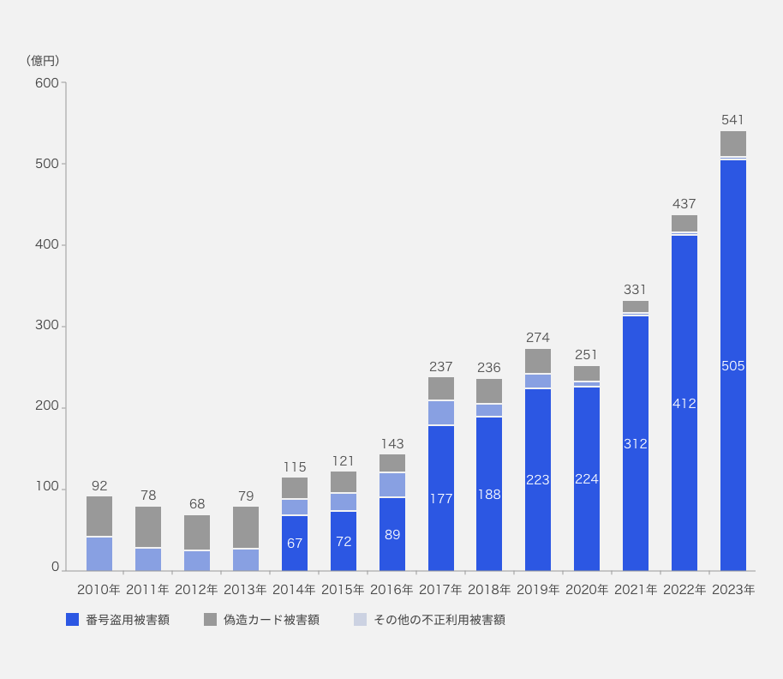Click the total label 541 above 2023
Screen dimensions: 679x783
[732, 120]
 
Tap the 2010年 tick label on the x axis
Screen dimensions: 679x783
[99, 590]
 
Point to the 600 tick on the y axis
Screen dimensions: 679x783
[47, 83]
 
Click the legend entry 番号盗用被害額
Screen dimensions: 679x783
[127, 620]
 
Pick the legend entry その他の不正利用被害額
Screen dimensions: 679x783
[439, 620]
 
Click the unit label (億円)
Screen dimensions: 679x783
[43, 60]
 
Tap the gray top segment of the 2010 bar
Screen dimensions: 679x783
[99, 516]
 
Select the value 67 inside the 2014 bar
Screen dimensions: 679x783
[295, 543]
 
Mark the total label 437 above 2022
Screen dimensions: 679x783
[684, 204]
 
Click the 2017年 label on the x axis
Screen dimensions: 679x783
[440, 590]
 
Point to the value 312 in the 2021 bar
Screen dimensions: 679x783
[636, 444]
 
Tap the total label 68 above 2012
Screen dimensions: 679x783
[197, 504]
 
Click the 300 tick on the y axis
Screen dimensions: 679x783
[47, 326]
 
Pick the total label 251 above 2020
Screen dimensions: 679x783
[587, 354]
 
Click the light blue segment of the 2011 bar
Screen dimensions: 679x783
[148, 559]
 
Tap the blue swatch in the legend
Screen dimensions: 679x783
[73, 620]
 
